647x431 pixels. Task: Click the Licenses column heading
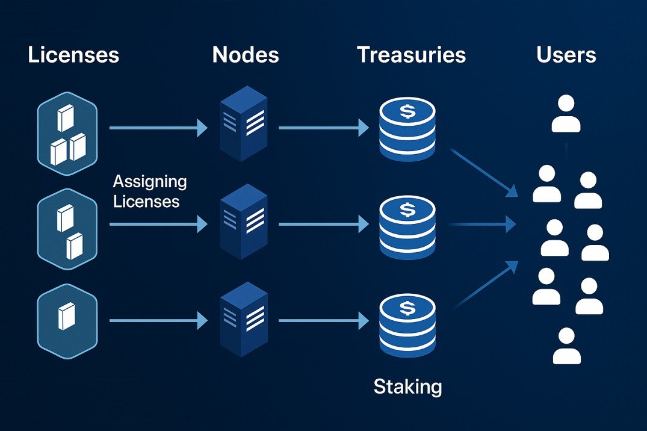click(73, 55)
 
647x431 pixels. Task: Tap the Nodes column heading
click(246, 55)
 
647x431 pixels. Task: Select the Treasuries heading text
click(411, 55)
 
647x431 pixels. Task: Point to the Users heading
click(566, 55)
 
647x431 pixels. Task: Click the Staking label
click(407, 386)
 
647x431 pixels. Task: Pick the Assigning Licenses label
click(150, 191)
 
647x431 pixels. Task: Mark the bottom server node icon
click(244, 318)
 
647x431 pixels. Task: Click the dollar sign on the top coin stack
click(407, 111)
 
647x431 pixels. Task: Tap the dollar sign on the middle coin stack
click(407, 210)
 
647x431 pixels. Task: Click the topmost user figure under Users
click(566, 114)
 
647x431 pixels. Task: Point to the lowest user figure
click(566, 346)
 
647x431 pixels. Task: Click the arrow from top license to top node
click(158, 128)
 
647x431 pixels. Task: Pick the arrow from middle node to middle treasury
click(323, 225)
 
